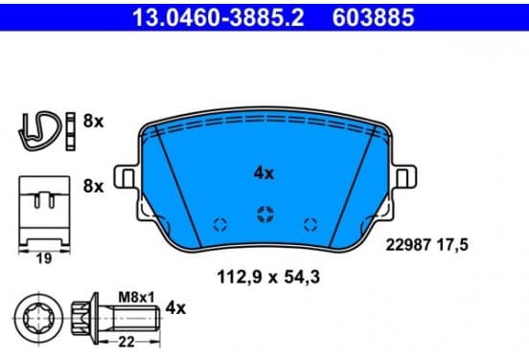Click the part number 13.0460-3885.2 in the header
218,17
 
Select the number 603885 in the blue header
373,17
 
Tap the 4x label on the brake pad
264,173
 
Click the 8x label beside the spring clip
94,121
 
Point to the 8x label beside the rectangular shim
94,186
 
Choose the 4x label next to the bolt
175,308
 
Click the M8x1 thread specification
136,298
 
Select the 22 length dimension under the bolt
126,342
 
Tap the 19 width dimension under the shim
44,259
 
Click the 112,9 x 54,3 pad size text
268,277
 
